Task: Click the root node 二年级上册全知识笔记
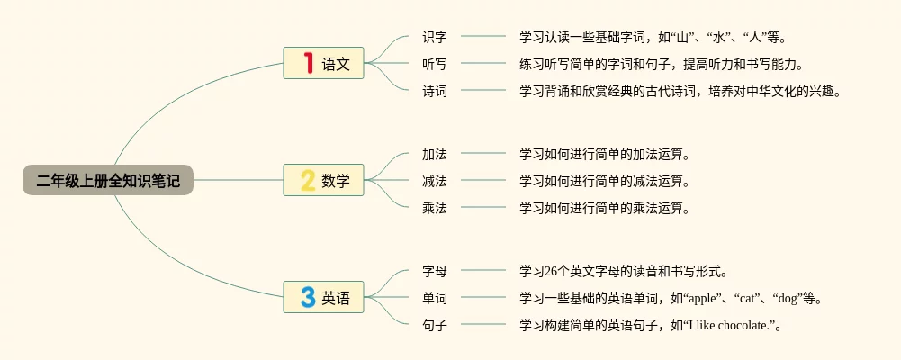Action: coord(108,181)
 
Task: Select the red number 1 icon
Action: coord(308,63)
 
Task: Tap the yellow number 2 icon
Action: coord(308,180)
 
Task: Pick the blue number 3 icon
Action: coord(308,297)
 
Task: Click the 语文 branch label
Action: coord(336,64)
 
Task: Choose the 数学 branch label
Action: coord(336,181)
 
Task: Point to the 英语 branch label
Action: coord(336,298)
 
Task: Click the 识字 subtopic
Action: coord(435,37)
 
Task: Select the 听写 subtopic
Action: coord(435,64)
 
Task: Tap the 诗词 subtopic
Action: coord(435,91)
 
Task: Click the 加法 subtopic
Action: coord(435,154)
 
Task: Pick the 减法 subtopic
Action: coord(435,181)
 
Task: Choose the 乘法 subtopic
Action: coord(435,208)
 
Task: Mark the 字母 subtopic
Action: coord(435,271)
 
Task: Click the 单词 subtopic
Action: coord(435,298)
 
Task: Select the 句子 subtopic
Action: coord(435,325)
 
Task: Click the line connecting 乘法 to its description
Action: coord(483,207)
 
